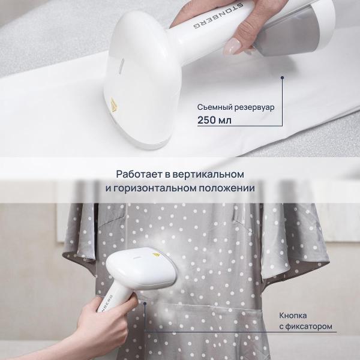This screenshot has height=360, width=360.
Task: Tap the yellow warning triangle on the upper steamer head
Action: pos(113,104)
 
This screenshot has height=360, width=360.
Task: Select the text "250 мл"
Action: pos(214,120)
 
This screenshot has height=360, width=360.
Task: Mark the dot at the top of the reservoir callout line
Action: pos(282,77)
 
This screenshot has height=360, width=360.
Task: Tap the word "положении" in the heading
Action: pos(226,188)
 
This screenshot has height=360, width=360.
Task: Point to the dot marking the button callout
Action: pos(145,303)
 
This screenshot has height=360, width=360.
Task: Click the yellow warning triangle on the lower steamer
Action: pos(156,255)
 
